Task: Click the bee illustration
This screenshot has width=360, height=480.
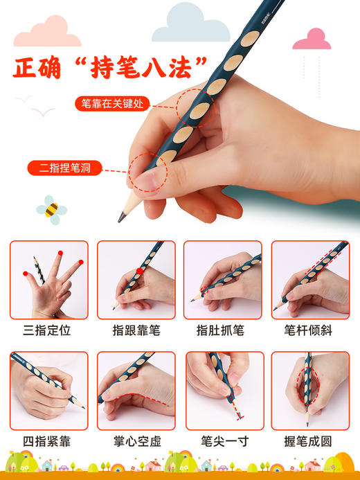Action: pos(51,207)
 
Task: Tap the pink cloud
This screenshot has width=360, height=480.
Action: pos(312,39)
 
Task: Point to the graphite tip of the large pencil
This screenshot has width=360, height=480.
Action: pos(122,217)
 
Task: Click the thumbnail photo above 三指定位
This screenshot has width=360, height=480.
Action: pos(48,279)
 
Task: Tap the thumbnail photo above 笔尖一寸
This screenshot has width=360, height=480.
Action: pos(223,390)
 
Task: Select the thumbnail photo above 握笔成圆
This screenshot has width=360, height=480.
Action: pos(309,390)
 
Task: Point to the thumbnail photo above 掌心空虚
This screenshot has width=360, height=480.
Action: pos(136,390)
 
